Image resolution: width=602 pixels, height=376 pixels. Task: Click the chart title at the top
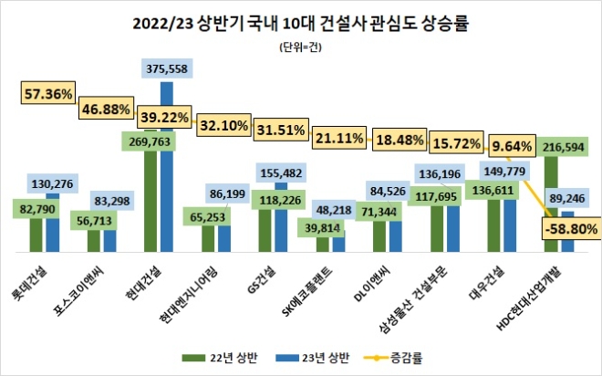(301, 18)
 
